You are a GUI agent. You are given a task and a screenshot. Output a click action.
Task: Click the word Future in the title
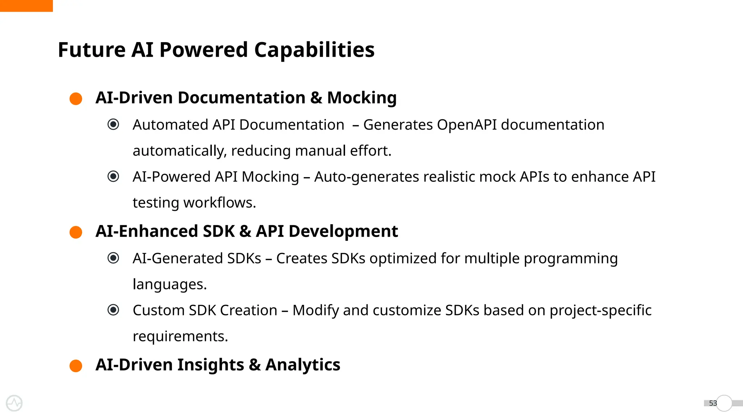pos(92,50)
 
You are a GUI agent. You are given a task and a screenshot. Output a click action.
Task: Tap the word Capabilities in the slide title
pos(314,50)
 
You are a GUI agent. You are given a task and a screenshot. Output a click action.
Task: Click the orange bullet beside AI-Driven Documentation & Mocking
pos(76,99)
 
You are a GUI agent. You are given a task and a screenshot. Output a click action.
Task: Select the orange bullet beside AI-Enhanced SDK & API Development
pos(76,232)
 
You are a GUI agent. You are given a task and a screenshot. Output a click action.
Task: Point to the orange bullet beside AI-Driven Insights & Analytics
pos(76,366)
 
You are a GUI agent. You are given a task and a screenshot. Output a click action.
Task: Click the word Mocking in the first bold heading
pos(362,98)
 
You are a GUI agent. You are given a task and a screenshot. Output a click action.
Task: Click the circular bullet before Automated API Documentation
pos(113,124)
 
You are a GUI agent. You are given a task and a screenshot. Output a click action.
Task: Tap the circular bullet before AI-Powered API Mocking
pos(113,177)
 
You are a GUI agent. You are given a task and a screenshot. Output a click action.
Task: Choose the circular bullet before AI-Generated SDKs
pos(113,258)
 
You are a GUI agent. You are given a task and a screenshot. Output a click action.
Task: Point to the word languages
pos(169,284)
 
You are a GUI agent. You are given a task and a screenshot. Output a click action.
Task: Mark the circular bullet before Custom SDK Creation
pos(113,310)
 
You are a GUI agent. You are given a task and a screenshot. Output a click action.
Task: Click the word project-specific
pos(600,311)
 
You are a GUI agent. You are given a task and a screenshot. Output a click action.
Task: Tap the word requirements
pos(180,336)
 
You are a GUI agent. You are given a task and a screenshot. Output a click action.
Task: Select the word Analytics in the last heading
pos(303,365)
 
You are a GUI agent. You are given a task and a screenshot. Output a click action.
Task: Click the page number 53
pos(713,403)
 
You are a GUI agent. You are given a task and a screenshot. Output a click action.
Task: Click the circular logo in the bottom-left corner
pos(14,403)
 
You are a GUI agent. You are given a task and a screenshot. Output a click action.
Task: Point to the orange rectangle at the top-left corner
pos(26,6)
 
